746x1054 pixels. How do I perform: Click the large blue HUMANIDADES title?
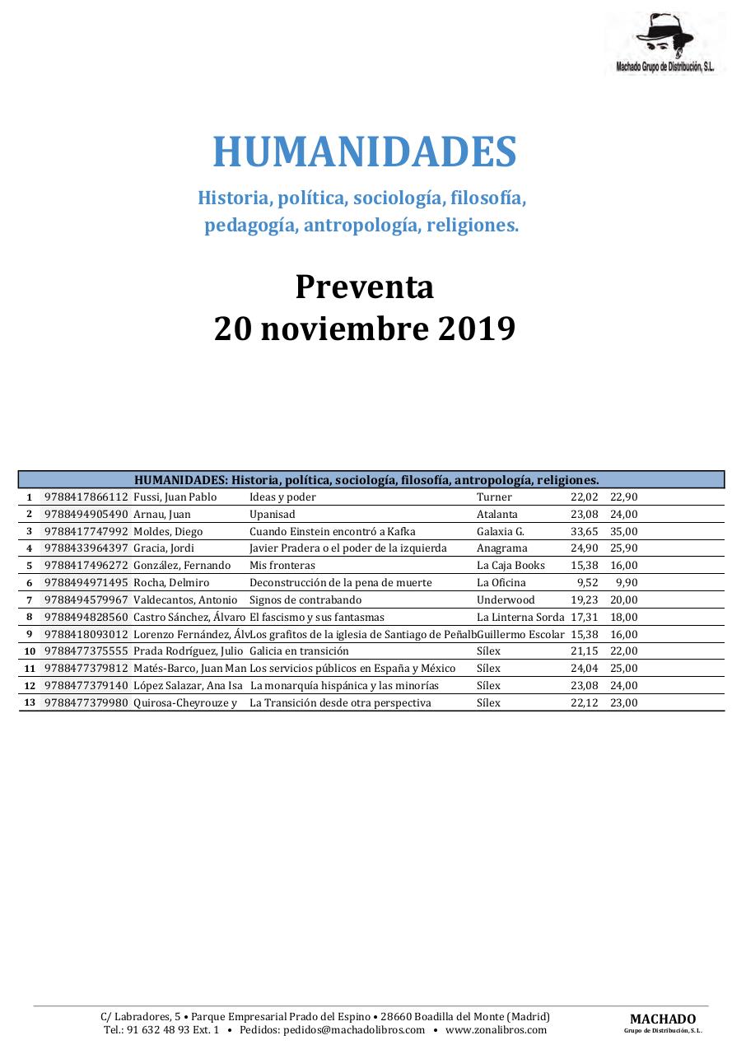coord(365,152)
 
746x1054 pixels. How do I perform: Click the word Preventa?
coord(364,287)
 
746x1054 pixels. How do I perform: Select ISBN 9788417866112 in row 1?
coord(86,497)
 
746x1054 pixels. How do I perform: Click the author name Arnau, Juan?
coord(162,515)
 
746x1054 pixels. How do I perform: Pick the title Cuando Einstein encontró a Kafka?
coord(333,532)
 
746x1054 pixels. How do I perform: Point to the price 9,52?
coord(587,583)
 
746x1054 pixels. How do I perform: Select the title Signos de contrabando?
coord(305,600)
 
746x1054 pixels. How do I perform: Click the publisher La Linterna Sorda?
coord(520,618)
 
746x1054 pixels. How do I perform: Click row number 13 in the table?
coord(30,702)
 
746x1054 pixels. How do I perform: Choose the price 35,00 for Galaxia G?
coord(623,532)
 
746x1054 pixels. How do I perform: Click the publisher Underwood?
coord(506,600)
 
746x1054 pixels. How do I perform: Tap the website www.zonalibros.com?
coord(496,1030)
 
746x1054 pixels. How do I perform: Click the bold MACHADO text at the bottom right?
coord(663,1019)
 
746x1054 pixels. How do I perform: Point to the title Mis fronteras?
coord(282,566)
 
